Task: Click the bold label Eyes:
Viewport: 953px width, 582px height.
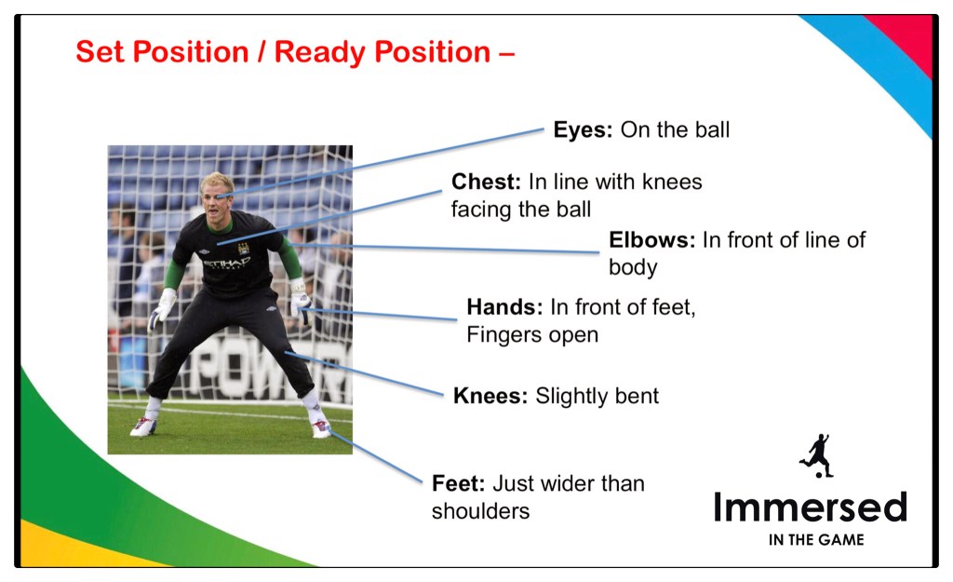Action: (x=583, y=129)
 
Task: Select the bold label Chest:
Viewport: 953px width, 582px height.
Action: (x=486, y=182)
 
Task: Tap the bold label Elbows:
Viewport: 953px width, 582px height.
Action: (x=651, y=239)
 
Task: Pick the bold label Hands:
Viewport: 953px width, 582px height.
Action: (x=504, y=307)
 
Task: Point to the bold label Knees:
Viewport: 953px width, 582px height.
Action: (x=490, y=396)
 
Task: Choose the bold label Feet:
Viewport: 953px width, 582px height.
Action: (x=458, y=483)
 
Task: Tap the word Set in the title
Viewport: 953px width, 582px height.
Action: (x=101, y=52)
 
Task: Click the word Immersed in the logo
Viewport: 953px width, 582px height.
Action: (x=811, y=508)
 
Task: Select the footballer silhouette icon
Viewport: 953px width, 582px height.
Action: (x=817, y=455)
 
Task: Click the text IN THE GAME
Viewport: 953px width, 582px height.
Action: (x=816, y=540)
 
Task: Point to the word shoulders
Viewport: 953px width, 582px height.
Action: (x=480, y=511)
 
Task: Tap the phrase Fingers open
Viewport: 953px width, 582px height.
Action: (x=532, y=335)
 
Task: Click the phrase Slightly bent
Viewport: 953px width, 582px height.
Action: (x=597, y=396)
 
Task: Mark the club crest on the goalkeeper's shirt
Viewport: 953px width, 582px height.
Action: (x=243, y=248)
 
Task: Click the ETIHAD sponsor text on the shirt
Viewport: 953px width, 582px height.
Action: (x=226, y=263)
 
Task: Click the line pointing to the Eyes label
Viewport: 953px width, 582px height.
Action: (x=380, y=163)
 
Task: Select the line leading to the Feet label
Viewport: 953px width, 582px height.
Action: (x=376, y=456)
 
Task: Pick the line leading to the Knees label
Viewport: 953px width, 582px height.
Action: (x=364, y=373)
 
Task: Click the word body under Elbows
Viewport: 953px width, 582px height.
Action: (x=633, y=267)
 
